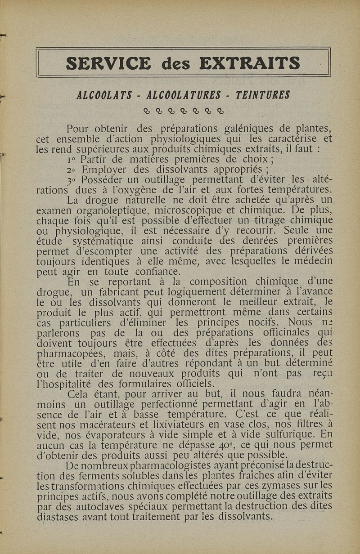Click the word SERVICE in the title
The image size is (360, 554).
coord(108,63)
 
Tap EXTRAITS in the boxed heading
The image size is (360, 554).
coord(250,63)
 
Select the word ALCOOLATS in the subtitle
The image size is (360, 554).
coord(104,95)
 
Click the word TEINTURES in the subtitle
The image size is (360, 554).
coord(263,95)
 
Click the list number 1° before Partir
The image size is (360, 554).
coord(71,160)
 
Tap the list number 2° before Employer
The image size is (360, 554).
coord(71,170)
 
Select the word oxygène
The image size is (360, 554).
coord(175,189)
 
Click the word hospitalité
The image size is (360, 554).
coord(69,384)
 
